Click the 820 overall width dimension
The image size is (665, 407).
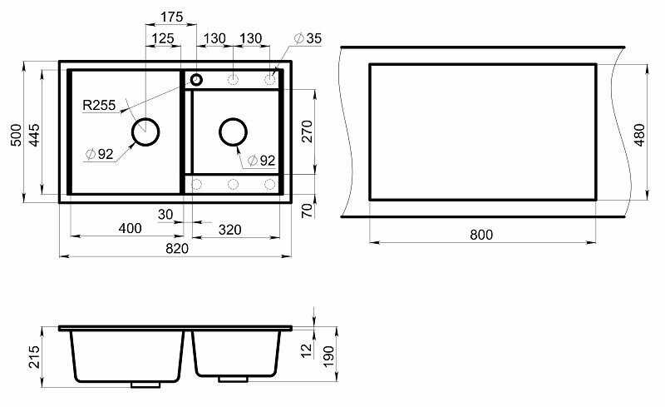point(177,248)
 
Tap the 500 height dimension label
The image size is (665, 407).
point(16,135)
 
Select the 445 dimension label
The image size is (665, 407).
point(34,135)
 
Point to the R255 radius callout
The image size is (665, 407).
point(99,105)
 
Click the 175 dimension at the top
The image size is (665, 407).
point(171,17)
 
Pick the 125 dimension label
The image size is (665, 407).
point(163,38)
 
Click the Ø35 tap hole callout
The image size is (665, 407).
point(308,38)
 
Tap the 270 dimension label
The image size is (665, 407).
point(307,132)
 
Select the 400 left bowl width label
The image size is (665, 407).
point(130,228)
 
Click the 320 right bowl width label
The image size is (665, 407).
point(230,230)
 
